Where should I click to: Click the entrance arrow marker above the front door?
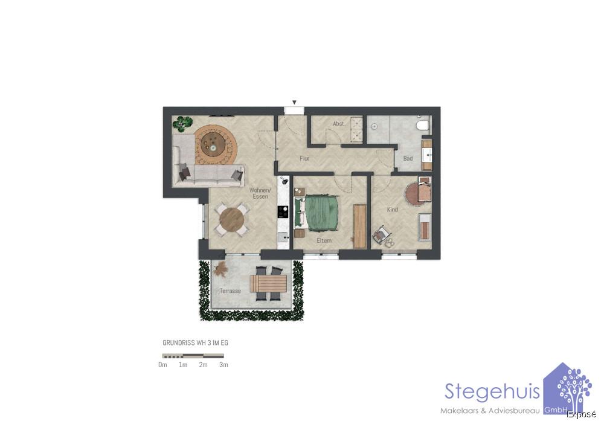point(294,103)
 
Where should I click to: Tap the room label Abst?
point(338,124)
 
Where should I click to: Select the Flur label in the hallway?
point(305,159)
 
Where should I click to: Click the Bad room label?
point(408,159)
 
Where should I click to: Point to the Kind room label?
point(393,210)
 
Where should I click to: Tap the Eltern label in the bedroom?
point(324,240)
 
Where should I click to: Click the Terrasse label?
point(230,291)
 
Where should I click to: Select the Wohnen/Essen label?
point(260,193)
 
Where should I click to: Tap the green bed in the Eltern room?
point(321,212)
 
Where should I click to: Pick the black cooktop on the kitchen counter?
point(283,212)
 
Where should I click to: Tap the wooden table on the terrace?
point(268,283)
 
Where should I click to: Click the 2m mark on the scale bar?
point(204,365)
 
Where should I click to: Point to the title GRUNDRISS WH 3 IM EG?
point(195,343)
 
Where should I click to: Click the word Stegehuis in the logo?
point(492,391)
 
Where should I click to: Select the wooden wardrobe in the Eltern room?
point(359,226)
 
